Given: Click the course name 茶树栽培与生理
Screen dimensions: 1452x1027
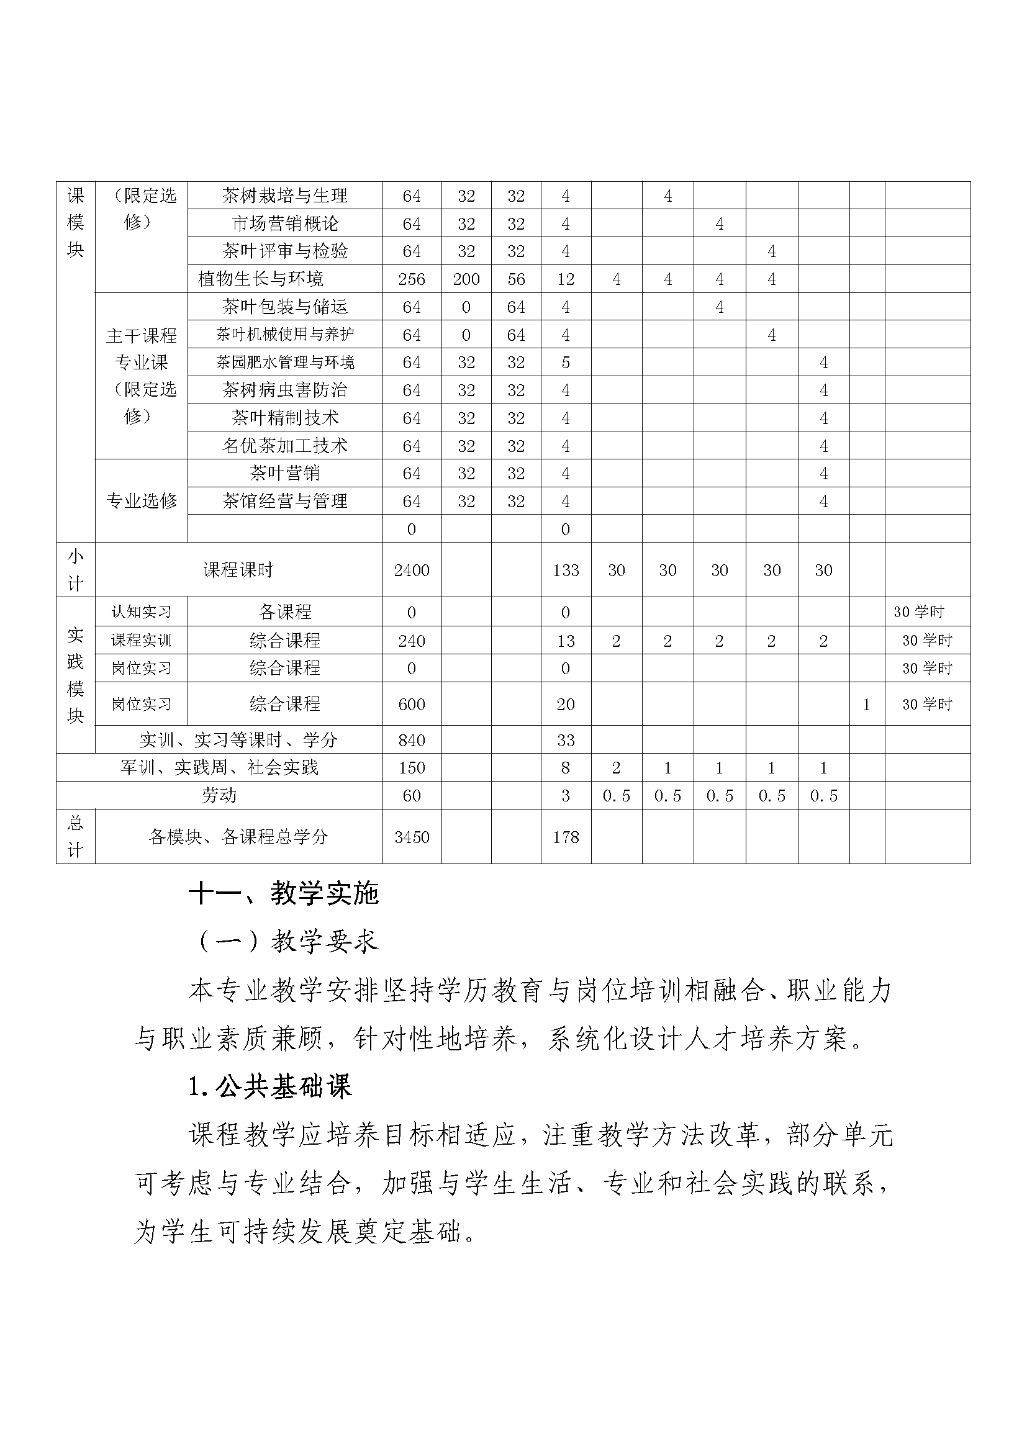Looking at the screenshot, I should (284, 196).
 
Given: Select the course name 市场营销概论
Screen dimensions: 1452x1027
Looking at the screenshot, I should (284, 224).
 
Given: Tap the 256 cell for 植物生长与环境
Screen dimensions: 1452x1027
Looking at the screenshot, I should (412, 279).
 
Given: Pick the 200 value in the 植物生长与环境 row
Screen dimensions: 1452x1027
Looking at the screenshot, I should (466, 279).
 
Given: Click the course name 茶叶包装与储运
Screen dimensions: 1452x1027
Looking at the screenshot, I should (284, 307).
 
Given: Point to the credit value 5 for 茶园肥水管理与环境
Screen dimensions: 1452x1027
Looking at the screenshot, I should (566, 363).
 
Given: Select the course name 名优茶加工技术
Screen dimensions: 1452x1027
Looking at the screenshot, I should (284, 446).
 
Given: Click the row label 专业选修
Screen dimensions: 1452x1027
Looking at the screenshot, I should (141, 501).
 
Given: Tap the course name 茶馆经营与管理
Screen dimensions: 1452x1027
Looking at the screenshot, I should (284, 502).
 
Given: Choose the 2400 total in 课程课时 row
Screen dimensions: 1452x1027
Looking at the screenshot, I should (412, 570).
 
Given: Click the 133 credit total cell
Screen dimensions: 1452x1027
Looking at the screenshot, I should (566, 570).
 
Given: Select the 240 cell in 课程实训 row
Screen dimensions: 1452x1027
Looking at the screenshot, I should (412, 641).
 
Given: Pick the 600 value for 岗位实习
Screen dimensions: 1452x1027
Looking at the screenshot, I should (412, 705).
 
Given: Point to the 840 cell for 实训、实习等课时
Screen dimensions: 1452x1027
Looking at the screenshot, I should (412, 741).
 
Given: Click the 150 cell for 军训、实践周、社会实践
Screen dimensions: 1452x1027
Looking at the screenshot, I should (412, 768).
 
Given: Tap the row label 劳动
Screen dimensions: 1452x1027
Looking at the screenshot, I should (219, 796).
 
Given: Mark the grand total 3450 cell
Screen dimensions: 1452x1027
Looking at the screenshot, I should (412, 837).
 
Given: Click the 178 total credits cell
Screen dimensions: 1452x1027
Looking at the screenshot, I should (566, 837).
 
